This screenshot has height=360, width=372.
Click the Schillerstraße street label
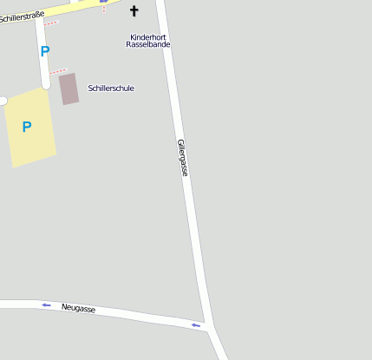point(23,16)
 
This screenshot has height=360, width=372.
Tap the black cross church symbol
point(134,11)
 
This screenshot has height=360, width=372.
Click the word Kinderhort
point(147,37)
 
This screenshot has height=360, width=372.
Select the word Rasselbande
point(147,45)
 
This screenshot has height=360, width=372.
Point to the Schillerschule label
point(111,88)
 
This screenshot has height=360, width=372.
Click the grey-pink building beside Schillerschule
point(69,88)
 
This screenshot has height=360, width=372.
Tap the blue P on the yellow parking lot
point(27,127)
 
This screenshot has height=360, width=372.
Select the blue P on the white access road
point(44,51)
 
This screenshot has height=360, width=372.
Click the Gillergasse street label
point(182,157)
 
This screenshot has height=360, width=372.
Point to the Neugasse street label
point(79,308)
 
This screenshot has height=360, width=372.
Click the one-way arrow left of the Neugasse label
point(46,305)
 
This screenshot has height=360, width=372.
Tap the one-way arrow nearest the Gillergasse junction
point(196,325)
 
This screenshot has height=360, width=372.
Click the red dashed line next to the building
point(58,72)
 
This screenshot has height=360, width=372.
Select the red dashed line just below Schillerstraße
point(51,23)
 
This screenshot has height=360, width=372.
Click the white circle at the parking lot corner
point(2,101)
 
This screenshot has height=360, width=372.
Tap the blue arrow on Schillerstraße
point(104,2)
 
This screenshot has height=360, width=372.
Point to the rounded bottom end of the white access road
point(45,84)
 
